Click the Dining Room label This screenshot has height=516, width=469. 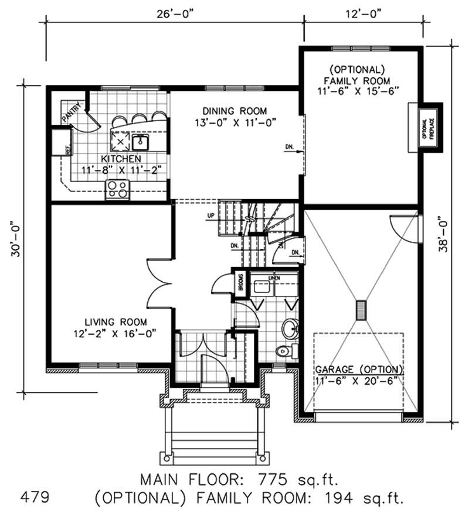[235, 111]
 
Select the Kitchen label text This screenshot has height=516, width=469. [120, 159]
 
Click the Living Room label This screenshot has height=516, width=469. [115, 322]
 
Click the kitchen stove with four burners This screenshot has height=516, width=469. [118, 189]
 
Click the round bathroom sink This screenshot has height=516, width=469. [290, 329]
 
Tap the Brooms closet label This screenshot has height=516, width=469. [240, 283]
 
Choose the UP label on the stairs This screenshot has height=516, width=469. [210, 216]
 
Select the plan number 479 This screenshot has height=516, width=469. [34, 498]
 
